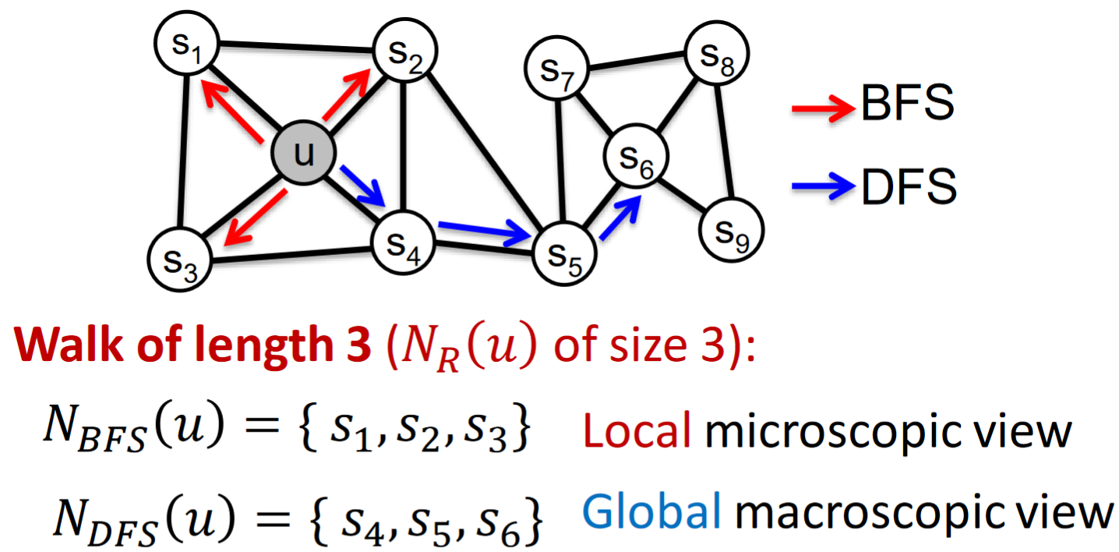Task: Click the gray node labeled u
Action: click(303, 153)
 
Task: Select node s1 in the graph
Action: click(187, 43)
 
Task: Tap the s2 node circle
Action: click(405, 51)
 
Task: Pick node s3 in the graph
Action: click(180, 260)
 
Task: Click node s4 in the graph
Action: click(403, 243)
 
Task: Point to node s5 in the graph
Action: click(564, 254)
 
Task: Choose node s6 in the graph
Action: click(636, 156)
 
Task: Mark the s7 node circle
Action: click(557, 68)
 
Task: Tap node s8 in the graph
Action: click(717, 54)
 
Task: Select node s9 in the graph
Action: click(732, 230)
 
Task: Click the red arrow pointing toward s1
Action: click(231, 111)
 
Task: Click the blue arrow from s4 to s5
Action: click(485, 232)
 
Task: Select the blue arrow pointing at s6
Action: click(620, 218)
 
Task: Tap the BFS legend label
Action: click(907, 102)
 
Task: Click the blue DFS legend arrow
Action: click(823, 186)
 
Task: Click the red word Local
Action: click(637, 431)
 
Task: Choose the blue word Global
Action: click(652, 511)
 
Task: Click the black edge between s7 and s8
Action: click(637, 61)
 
